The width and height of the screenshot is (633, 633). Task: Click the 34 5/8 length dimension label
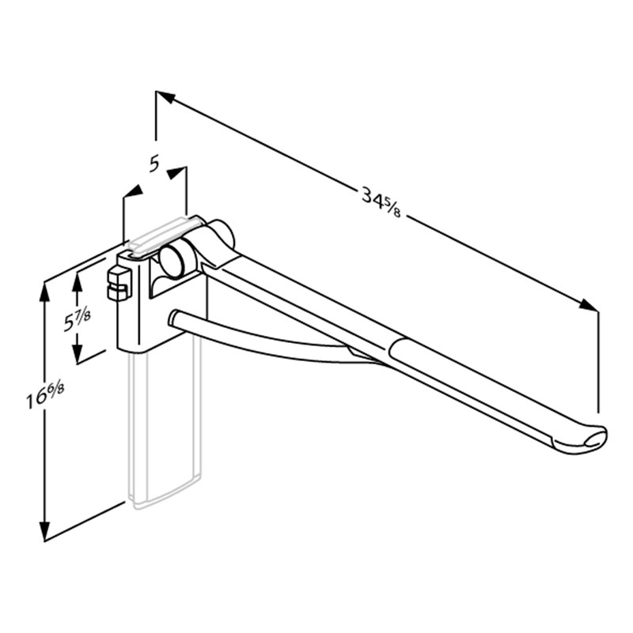[x=381, y=202]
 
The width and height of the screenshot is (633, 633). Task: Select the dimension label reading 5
[x=154, y=164]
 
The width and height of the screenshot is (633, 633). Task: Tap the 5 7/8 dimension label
[x=78, y=318]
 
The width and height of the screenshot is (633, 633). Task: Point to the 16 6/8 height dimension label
[x=45, y=395]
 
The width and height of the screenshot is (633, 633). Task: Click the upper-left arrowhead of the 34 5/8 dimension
[x=165, y=97]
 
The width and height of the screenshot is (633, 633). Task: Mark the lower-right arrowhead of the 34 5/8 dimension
[x=588, y=305]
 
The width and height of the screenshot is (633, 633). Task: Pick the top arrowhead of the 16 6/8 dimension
[x=44, y=292]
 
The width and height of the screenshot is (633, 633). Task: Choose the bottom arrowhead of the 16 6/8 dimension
[x=44, y=531]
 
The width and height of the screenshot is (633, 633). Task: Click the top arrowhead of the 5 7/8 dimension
[x=77, y=282]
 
